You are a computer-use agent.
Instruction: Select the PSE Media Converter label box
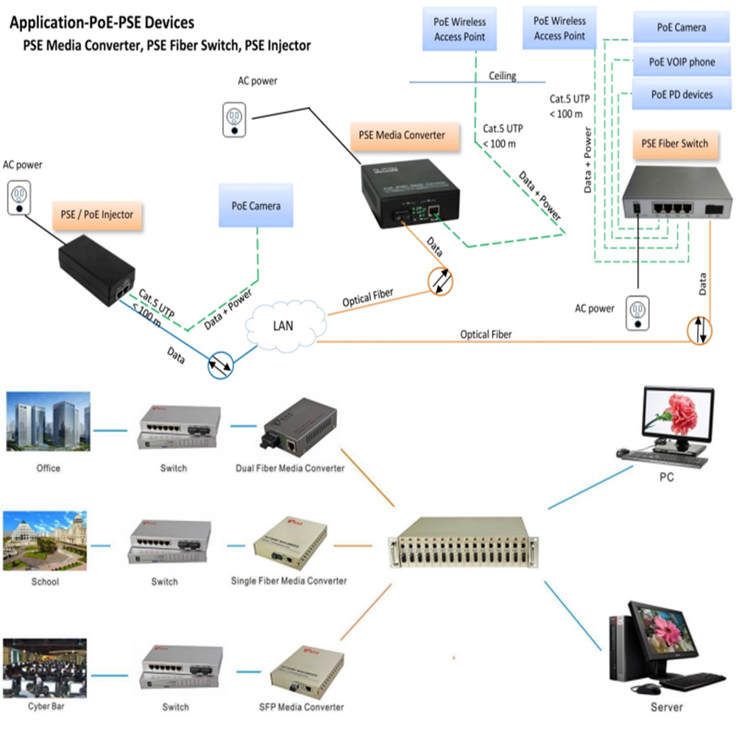tap(402, 135)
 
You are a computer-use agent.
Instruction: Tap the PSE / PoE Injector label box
tap(96, 214)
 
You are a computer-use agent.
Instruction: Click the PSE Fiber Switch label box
tap(675, 144)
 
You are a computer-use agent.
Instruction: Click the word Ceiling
tap(503, 76)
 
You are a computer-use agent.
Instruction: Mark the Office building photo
tap(48, 422)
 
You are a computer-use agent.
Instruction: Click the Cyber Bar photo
tap(46, 668)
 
